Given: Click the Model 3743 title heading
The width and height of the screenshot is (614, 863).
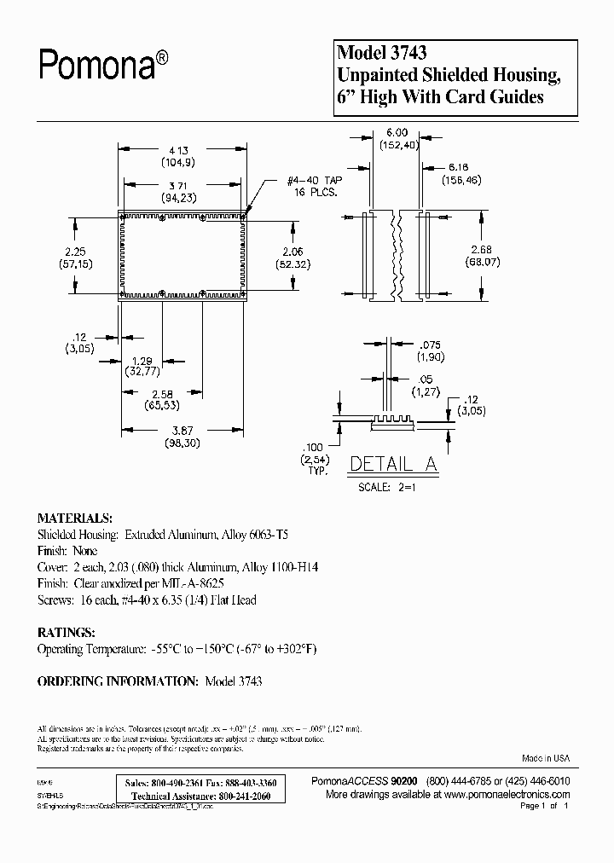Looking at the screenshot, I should [379, 55].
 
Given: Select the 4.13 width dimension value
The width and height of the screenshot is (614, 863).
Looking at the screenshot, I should [177, 146].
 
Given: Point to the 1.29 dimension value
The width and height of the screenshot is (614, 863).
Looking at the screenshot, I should [142, 362].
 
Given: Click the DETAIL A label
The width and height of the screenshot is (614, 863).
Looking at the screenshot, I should [393, 465].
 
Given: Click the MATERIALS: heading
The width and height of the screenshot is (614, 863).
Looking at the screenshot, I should [74, 518].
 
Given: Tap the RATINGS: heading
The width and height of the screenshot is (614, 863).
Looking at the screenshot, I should [66, 633].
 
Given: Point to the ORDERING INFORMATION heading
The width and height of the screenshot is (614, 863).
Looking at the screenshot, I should [117, 681].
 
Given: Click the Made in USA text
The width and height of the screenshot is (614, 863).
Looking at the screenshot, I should [545, 758].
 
